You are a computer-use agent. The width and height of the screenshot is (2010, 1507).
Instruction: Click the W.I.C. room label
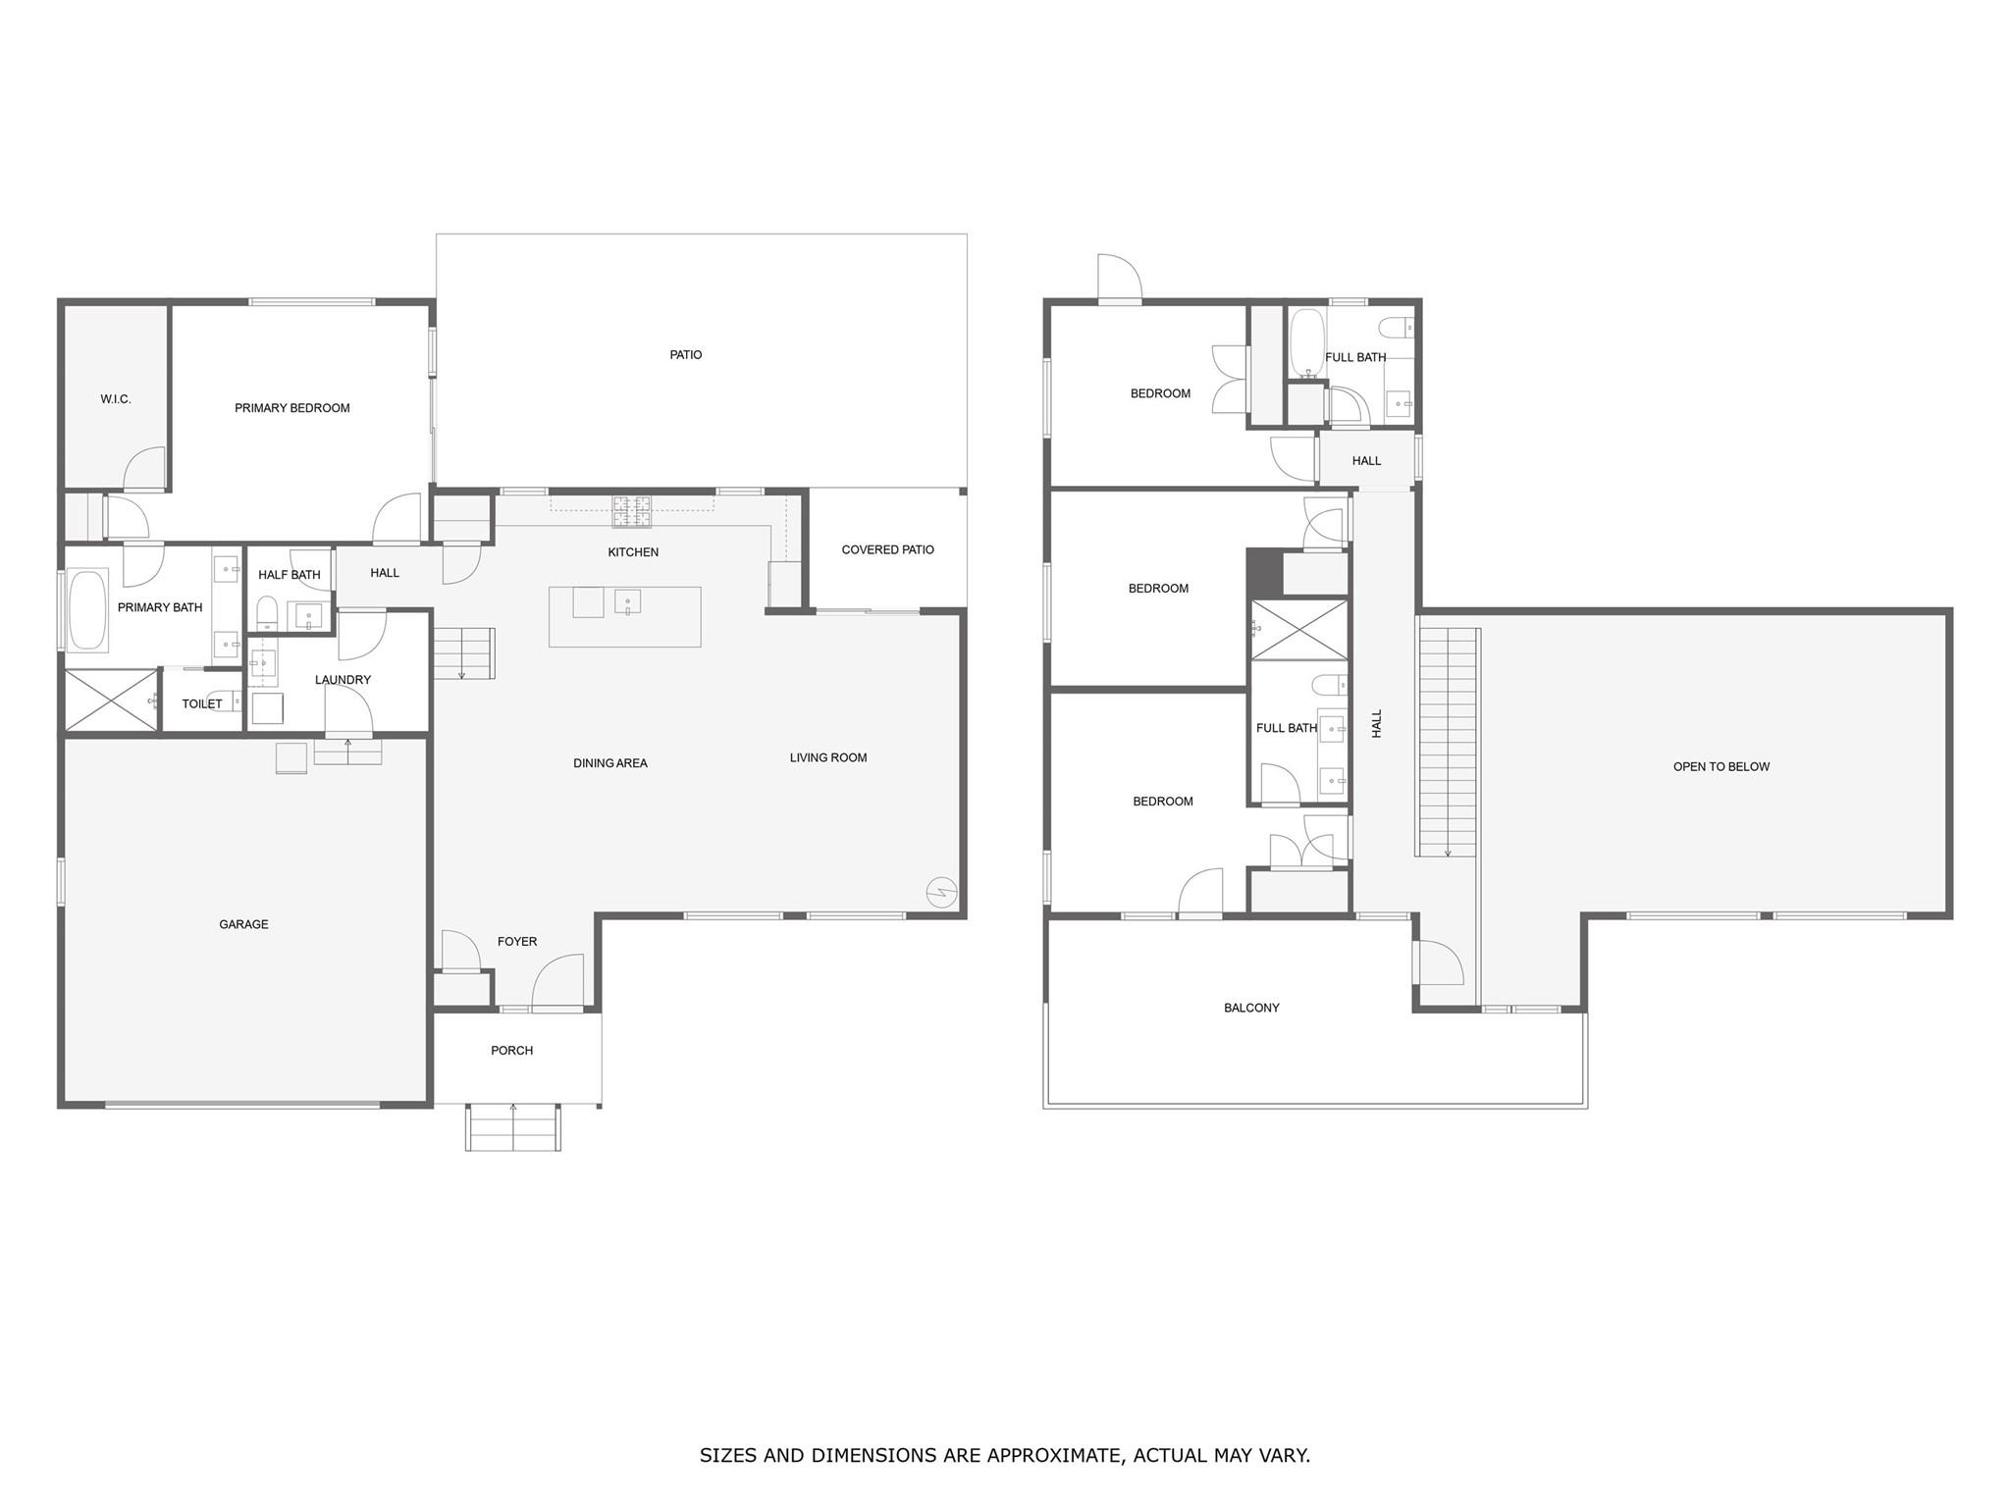click(116, 399)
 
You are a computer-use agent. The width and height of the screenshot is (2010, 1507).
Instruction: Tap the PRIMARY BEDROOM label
click(292, 408)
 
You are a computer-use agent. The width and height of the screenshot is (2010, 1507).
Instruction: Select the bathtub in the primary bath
click(88, 611)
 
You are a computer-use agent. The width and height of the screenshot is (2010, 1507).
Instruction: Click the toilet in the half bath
click(267, 613)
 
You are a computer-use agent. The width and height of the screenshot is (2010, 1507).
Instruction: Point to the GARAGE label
click(243, 924)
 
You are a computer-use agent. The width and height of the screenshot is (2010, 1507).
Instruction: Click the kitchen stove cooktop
click(632, 512)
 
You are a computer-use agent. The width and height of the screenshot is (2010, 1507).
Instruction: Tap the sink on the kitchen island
click(627, 601)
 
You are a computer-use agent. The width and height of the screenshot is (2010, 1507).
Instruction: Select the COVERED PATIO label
click(888, 549)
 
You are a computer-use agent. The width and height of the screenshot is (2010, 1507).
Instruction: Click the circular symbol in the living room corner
click(941, 892)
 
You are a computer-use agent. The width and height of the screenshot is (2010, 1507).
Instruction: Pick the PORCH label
click(512, 1051)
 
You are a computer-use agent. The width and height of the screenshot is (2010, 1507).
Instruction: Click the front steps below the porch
click(513, 1127)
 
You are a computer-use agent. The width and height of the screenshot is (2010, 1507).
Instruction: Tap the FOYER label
click(517, 942)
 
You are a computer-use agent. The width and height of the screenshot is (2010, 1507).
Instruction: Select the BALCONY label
click(1252, 1008)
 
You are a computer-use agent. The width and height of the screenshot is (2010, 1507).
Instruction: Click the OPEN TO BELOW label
click(1721, 767)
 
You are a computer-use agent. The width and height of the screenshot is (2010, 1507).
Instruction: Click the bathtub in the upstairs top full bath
click(1307, 343)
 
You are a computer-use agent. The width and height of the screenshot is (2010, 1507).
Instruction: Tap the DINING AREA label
click(610, 763)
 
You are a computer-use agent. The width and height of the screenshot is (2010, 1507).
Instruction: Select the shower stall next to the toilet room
click(111, 701)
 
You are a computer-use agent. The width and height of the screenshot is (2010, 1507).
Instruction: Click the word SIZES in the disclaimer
click(728, 1455)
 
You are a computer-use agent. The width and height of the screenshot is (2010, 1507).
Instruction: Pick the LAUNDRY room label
click(343, 680)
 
